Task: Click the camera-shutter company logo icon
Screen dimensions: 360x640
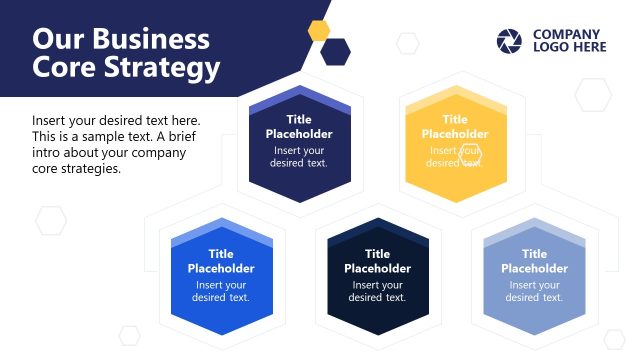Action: pyautogui.click(x=509, y=41)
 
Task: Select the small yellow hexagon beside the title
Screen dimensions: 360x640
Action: pyautogui.click(x=319, y=29)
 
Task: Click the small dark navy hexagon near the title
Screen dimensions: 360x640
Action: pyautogui.click(x=336, y=51)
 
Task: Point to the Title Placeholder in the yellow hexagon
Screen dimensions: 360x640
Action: pyautogui.click(x=455, y=126)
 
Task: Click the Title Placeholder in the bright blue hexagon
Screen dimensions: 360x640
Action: pyautogui.click(x=221, y=261)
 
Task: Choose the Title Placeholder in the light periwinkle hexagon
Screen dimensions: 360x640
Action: pyautogui.click(x=534, y=261)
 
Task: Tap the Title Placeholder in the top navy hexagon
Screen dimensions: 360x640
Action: pyautogui.click(x=299, y=126)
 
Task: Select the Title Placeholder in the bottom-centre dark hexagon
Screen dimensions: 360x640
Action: pyautogui.click(x=377, y=261)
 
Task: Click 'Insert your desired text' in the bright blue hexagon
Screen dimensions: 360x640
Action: pyautogui.click(x=221, y=291)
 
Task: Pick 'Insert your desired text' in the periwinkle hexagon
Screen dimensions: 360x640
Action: pyautogui.click(x=534, y=291)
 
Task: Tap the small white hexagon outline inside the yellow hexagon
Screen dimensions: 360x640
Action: pyautogui.click(x=470, y=153)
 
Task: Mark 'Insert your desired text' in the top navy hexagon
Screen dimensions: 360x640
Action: pyautogui.click(x=299, y=157)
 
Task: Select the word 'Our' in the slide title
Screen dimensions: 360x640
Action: pyautogui.click(x=57, y=39)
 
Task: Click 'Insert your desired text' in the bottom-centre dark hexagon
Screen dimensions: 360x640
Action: pyautogui.click(x=377, y=291)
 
